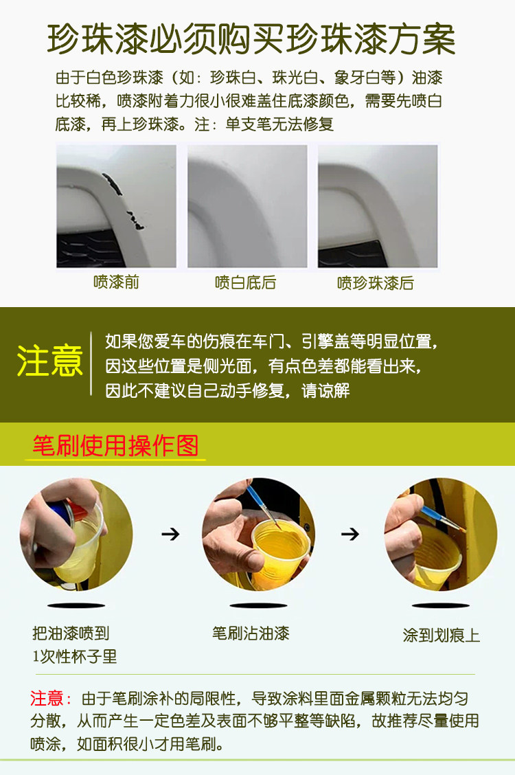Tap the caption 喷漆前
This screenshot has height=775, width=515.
(x=116, y=282)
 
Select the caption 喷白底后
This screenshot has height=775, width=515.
(x=245, y=282)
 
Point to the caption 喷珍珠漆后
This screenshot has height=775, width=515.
(x=376, y=283)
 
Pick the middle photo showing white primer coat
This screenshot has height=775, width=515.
(x=247, y=206)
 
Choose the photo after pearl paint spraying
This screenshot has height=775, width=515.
(x=378, y=206)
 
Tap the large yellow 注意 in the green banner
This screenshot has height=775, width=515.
(x=49, y=361)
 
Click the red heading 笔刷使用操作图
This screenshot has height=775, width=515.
(x=115, y=446)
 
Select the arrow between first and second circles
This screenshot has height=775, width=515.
(x=170, y=534)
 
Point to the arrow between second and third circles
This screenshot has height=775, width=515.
(x=350, y=534)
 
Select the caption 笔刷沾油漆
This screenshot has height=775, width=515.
(x=251, y=633)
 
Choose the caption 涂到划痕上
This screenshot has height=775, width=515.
(x=442, y=635)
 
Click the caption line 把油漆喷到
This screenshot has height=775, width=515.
(x=71, y=633)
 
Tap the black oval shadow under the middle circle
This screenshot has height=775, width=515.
(x=258, y=605)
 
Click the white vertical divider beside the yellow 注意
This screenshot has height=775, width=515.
(x=91, y=363)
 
